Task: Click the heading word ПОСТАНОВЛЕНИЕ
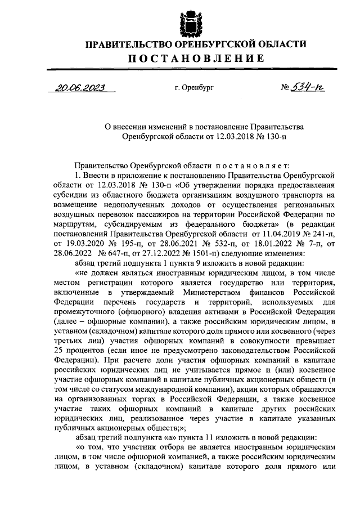tap(195, 58)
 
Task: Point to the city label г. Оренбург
tap(195, 88)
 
